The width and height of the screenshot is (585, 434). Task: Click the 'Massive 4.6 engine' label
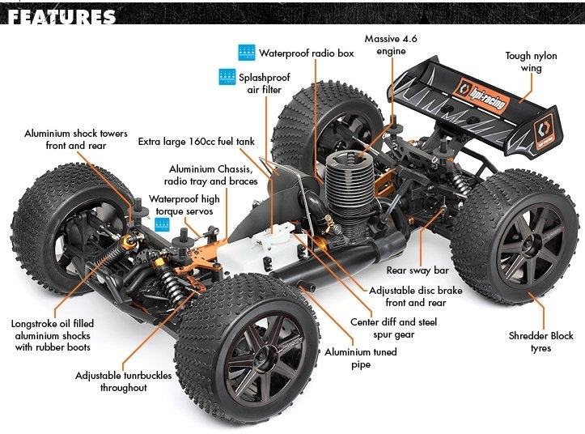pyautogui.click(x=391, y=45)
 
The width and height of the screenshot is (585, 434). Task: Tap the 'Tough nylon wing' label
pyautogui.click(x=531, y=62)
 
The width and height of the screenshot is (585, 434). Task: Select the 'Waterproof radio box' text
pyautogui.click(x=307, y=53)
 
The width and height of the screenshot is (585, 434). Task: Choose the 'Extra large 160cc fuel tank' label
pyautogui.click(x=197, y=142)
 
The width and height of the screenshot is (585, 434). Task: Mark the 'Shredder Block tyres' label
pyautogui.click(x=540, y=342)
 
